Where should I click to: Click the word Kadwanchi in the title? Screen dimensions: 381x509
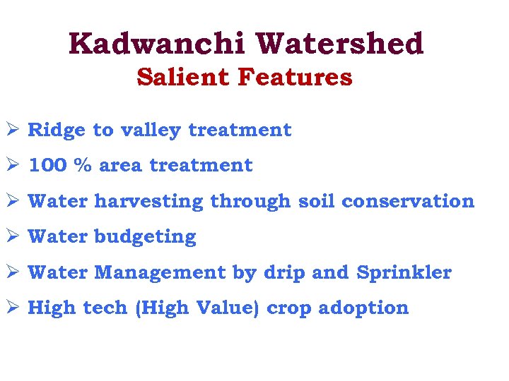coord(158,44)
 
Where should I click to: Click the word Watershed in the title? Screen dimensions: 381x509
coord(340,44)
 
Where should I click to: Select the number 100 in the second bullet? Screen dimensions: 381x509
coord(48,166)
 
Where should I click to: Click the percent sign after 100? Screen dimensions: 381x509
coord(83,166)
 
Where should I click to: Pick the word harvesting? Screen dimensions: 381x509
coord(148,202)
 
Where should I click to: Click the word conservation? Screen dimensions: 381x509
coord(408,201)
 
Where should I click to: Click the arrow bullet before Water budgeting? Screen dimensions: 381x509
coord(12,236)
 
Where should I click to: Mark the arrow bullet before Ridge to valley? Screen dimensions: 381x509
coord(12,130)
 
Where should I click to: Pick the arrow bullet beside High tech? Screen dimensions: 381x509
coord(12,308)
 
